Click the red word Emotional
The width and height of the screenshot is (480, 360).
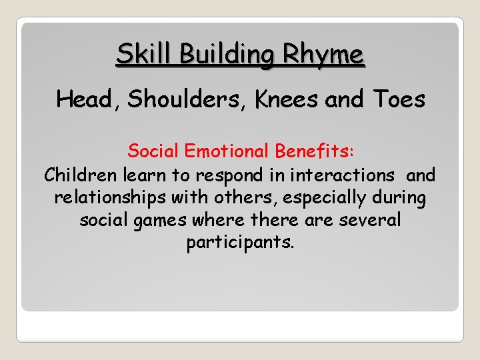226,151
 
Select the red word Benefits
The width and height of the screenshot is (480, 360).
319,151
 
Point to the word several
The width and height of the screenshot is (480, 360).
369,220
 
